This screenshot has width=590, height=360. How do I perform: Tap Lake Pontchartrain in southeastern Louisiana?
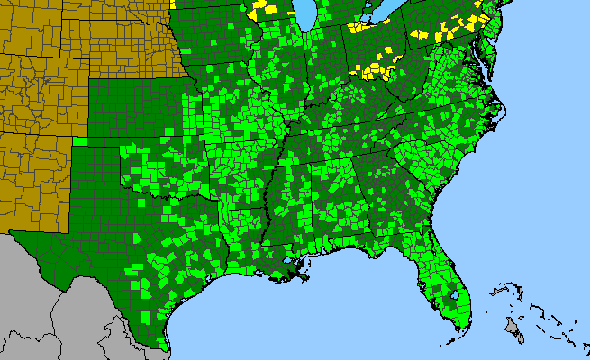291,260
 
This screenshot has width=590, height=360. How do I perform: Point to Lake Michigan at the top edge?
306,13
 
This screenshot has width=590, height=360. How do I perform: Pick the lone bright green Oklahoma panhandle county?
80,140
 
